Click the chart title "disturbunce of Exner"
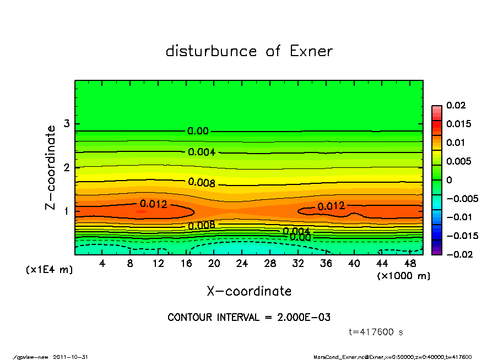pyautogui.click(x=249, y=51)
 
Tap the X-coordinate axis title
pyautogui.click(x=249, y=291)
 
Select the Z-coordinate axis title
pyautogui.click(x=51, y=167)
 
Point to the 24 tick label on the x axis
pyautogui.click(x=242, y=264)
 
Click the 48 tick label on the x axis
pyautogui.click(x=410, y=264)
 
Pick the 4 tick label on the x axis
pyautogui.click(x=102, y=264)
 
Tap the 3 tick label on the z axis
pyautogui.click(x=66, y=123)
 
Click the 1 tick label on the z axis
pyautogui.click(x=66, y=211)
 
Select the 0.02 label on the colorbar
pyautogui.click(x=455, y=105)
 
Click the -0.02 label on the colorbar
pyautogui.click(x=458, y=254)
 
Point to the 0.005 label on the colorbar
pyautogui.click(x=458, y=161)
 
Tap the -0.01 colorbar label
pyautogui.click(x=458, y=217)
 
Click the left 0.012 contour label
pyautogui.click(x=153, y=204)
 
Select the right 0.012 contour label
pyautogui.click(x=331, y=206)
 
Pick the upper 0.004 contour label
pyautogui.click(x=202, y=152)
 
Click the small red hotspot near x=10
pyautogui.click(x=140, y=211)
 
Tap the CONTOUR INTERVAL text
pyautogui.click(x=249, y=318)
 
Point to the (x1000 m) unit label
pyautogui.click(x=403, y=276)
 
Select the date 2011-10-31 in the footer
pyautogui.click(x=71, y=357)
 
